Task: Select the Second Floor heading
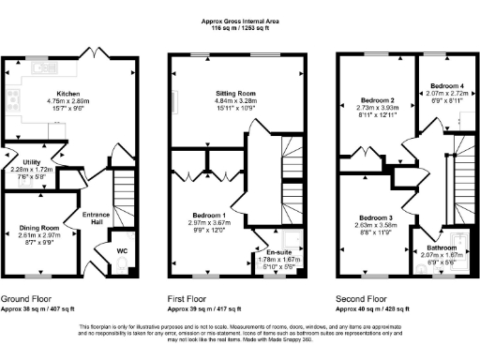tap(358, 298)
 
